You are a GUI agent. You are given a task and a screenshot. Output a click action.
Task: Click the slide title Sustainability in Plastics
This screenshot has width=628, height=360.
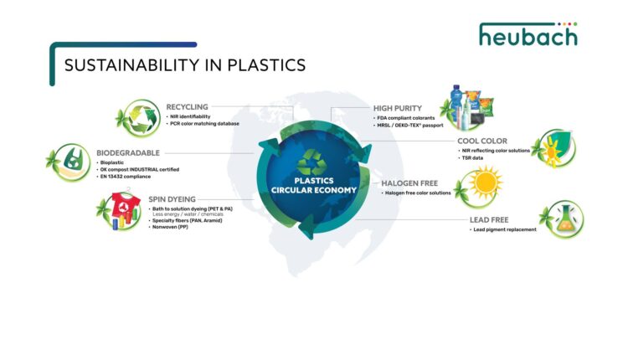click(185, 65)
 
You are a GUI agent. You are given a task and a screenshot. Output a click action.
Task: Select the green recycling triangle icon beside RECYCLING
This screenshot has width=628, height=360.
click(136, 118)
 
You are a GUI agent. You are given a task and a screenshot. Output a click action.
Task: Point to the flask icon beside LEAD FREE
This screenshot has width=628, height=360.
click(562, 220)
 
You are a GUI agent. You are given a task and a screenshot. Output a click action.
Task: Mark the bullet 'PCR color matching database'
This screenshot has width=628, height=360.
click(205, 124)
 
